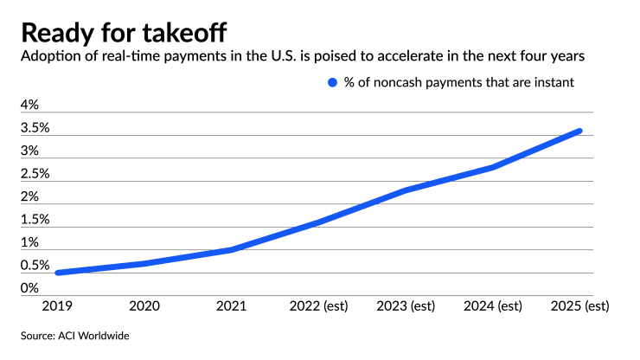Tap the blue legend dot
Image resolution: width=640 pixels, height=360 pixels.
pyautogui.click(x=331, y=83)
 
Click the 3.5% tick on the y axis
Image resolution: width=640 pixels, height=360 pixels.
pyautogui.click(x=35, y=128)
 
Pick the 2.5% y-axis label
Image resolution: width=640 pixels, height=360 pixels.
pyautogui.click(x=35, y=173)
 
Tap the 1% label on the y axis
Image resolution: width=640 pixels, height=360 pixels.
pyautogui.click(x=30, y=242)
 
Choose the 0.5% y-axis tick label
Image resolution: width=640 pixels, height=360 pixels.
pyautogui.click(x=35, y=266)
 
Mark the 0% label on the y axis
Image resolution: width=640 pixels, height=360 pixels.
pyautogui.click(x=30, y=288)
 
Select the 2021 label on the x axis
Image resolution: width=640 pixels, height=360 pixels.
pyautogui.click(x=232, y=306)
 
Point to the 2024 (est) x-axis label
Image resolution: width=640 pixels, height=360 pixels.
pyautogui.click(x=493, y=306)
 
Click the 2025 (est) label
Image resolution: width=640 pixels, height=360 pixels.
pyautogui.click(x=580, y=306)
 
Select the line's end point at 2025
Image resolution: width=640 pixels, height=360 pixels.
pyautogui.click(x=579, y=131)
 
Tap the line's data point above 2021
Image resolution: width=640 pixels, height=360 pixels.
pyautogui.click(x=232, y=249)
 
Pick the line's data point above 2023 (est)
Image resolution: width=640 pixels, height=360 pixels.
pyautogui.click(x=406, y=190)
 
